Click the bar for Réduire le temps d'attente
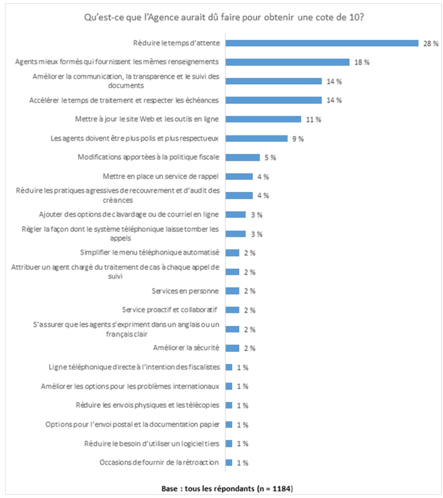tap(322, 43)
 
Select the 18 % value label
tap(362, 62)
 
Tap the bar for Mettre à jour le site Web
tap(263, 120)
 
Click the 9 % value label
tap(298, 139)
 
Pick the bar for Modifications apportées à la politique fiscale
tap(243, 158)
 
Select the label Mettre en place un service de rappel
tap(161, 177)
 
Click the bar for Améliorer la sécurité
tap(232, 348)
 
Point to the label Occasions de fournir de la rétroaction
tap(159, 462)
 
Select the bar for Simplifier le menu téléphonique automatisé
tap(232, 253)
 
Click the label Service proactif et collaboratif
tap(170, 310)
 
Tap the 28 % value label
tap(431, 44)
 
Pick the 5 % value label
tap(270, 158)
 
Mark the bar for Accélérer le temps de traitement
tap(273, 100)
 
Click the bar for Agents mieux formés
tap(287, 62)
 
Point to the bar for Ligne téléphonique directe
tap(229, 367)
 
